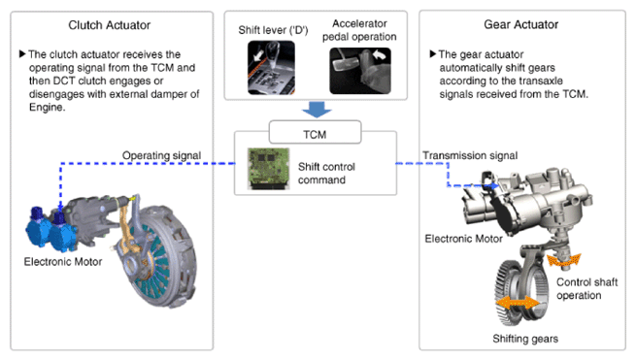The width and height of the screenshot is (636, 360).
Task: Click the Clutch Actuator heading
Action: (x=109, y=25)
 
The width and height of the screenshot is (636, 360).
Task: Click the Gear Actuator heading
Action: (x=520, y=24)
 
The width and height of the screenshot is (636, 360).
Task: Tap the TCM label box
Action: (x=315, y=132)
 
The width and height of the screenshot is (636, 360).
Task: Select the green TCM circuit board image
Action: (x=269, y=169)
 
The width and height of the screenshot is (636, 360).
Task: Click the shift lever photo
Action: (x=271, y=67)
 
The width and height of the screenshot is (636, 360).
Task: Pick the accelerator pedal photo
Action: (x=360, y=71)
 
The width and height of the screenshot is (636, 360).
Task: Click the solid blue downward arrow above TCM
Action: (x=317, y=110)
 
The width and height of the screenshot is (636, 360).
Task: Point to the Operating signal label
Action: (x=161, y=155)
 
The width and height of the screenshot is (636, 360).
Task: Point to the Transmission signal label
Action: (x=470, y=155)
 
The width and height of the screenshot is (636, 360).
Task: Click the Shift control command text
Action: (x=326, y=173)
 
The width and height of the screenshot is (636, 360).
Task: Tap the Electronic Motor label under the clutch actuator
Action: (x=63, y=262)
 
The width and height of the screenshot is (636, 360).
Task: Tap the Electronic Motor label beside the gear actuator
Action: (x=463, y=239)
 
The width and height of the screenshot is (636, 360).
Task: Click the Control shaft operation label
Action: (x=586, y=288)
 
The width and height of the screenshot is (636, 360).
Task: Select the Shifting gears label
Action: (x=525, y=339)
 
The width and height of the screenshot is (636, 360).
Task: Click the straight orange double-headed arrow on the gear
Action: (x=518, y=303)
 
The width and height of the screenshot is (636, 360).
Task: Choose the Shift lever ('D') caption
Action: (x=273, y=30)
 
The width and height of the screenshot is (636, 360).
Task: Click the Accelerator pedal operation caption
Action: (x=359, y=30)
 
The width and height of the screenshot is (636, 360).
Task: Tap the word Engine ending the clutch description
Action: (x=47, y=108)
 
